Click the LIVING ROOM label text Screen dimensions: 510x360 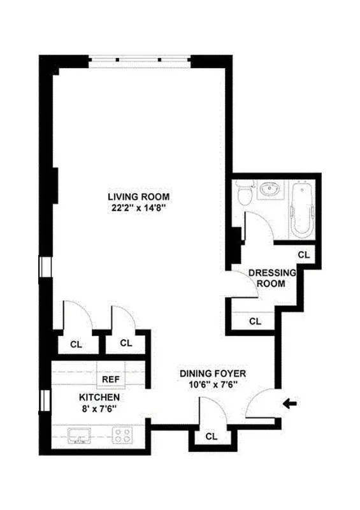pyautogui.click(x=138, y=196)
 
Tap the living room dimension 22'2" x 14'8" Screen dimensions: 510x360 pyautogui.click(x=138, y=207)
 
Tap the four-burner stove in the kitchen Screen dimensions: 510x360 pyautogui.click(x=122, y=436)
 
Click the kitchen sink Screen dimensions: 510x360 pyautogui.click(x=81, y=436)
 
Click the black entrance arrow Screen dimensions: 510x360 pyautogui.click(x=291, y=402)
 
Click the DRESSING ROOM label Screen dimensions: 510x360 pyautogui.click(x=272, y=277)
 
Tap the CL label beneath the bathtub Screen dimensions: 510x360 pyautogui.click(x=303, y=254)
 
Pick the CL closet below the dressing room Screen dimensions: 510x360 pyautogui.click(x=255, y=321)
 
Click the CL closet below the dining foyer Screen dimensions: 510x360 pyautogui.click(x=211, y=437)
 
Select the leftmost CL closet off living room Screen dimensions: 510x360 pyautogui.click(x=76, y=344)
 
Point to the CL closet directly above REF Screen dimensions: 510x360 pyautogui.click(x=126, y=343)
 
